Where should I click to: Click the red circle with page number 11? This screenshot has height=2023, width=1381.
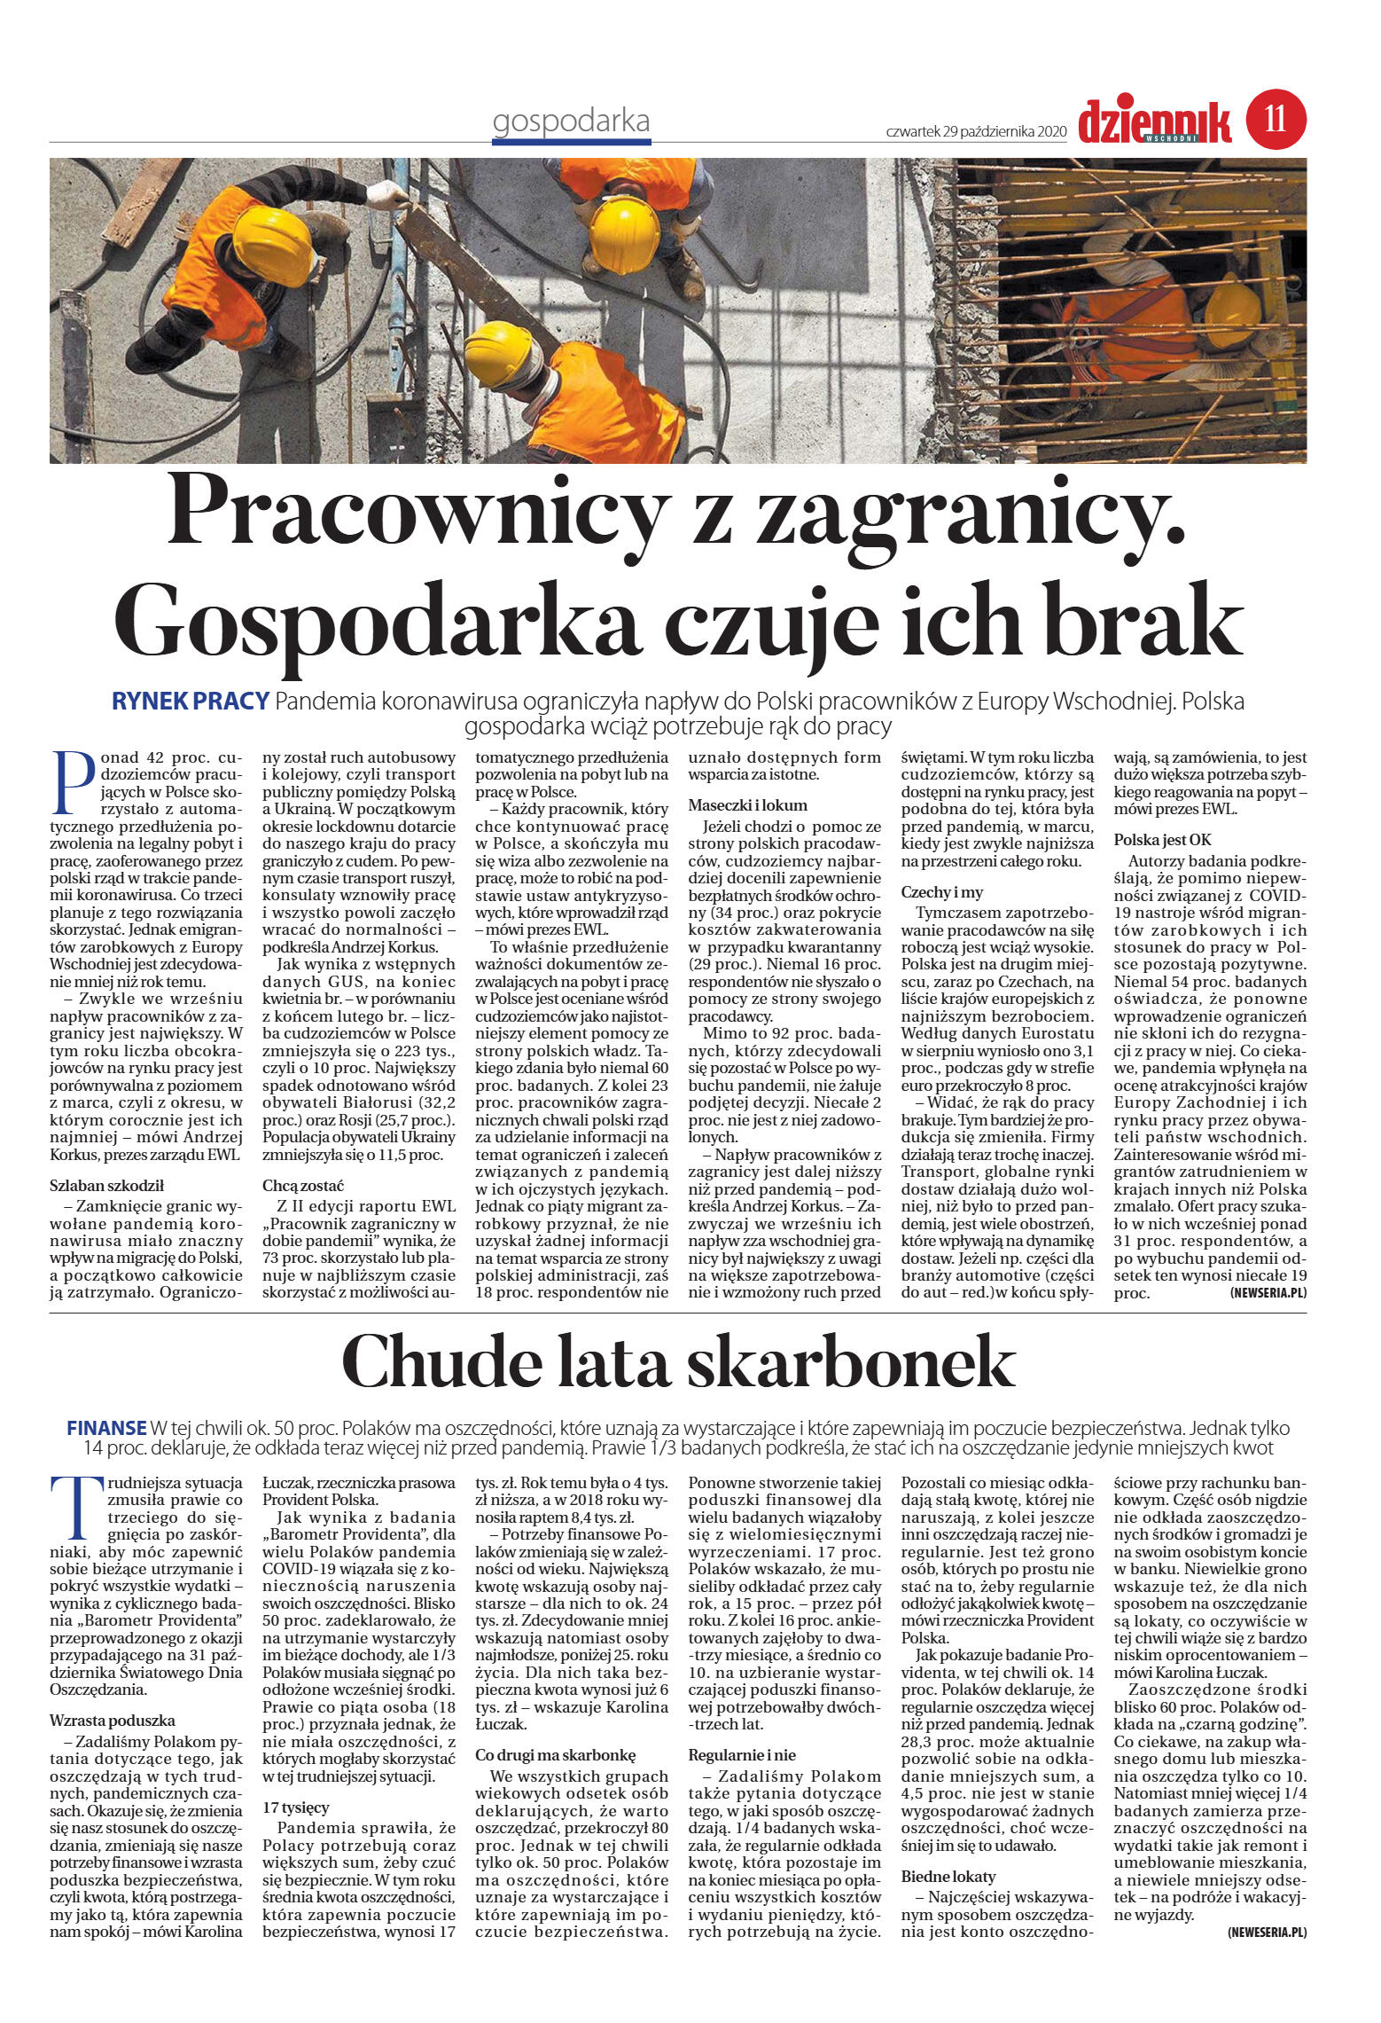tap(1276, 120)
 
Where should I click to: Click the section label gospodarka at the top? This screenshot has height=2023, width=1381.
tap(571, 122)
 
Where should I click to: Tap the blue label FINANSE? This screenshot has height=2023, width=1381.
tap(106, 1428)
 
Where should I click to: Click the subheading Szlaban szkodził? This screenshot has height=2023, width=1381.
tap(107, 1185)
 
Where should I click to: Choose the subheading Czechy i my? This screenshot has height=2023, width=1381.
tap(941, 892)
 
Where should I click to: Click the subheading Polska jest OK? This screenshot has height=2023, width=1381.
tap(1162, 839)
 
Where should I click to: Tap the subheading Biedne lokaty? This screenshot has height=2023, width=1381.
tap(948, 1876)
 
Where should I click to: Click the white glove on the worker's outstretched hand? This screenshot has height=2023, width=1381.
tap(386, 194)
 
